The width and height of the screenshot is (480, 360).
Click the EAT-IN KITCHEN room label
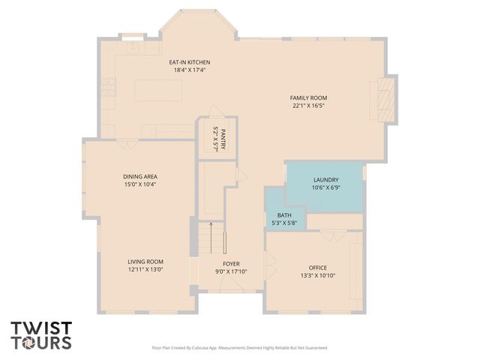click(x=189, y=62)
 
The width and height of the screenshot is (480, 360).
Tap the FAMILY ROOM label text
click(x=308, y=97)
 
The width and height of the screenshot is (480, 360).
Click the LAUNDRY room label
click(x=326, y=180)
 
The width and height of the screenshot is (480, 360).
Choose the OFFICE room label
click(x=318, y=268)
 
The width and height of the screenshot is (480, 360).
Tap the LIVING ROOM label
click(x=145, y=262)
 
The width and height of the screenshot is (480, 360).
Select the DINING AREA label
click(x=139, y=176)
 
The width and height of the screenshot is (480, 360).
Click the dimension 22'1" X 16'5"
click(x=308, y=106)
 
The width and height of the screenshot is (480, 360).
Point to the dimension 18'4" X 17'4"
click(x=189, y=70)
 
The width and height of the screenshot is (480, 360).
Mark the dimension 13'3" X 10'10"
click(x=318, y=275)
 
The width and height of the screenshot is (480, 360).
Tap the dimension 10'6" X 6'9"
click(x=326, y=187)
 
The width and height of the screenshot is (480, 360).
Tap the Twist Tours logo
click(x=41, y=335)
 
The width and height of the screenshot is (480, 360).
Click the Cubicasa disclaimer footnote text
click(x=240, y=347)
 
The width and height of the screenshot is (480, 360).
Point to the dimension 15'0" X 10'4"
click(x=139, y=184)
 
